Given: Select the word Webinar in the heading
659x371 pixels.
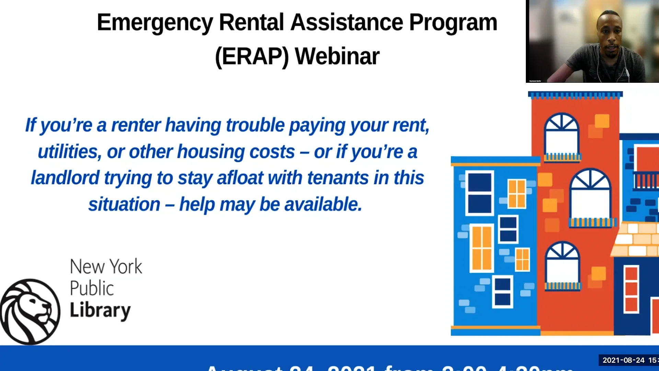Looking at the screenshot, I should tap(337, 56).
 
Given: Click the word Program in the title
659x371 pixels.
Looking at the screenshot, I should tap(453, 23).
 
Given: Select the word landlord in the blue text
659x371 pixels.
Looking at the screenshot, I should tap(65, 178).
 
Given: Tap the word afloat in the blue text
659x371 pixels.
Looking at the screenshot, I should tap(240, 178).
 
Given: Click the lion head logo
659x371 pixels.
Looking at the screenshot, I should tap(30, 311).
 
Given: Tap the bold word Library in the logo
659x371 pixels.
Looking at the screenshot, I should tap(100, 310).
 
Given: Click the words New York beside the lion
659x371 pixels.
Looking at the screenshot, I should tap(106, 267).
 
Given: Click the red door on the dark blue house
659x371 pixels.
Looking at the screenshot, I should tap(631, 289).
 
